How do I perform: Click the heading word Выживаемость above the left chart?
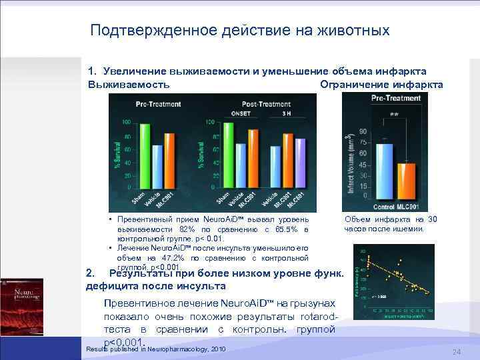[128, 85]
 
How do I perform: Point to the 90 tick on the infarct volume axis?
[363, 131]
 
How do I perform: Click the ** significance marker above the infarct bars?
[394, 115]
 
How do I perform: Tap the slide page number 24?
[456, 351]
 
